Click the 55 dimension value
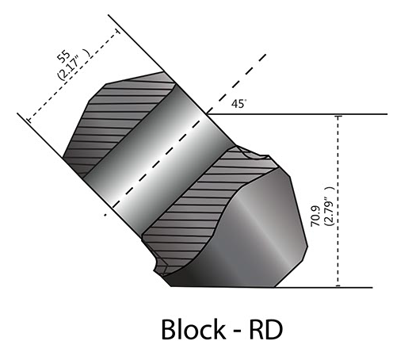64,56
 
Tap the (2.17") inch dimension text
74,64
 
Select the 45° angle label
239,104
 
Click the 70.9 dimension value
315,216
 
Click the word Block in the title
193,329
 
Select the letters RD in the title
265,330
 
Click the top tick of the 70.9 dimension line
338,116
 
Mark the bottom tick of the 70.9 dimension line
338,285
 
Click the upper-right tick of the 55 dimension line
118,31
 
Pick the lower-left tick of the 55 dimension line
29,120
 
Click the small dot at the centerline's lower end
105,216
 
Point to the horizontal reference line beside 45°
297,114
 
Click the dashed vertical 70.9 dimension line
338,201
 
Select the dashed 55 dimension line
74,75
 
